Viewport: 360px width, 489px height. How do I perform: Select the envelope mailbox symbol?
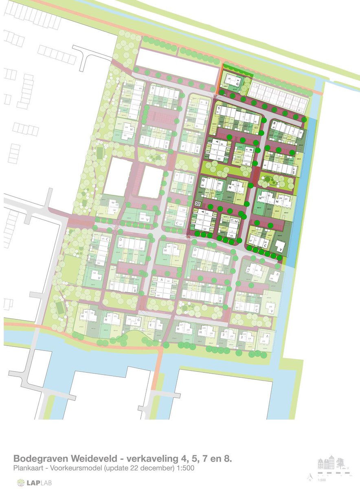(x=198, y=203)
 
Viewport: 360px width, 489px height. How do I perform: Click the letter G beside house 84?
(x=237, y=84)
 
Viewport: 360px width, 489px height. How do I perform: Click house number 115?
(x=207, y=214)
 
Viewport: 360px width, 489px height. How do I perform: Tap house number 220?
(x=194, y=256)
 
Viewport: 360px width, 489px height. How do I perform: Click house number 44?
(x=265, y=165)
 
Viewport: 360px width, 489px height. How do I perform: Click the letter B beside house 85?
(x=275, y=123)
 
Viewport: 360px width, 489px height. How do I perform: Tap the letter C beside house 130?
(x=265, y=246)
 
